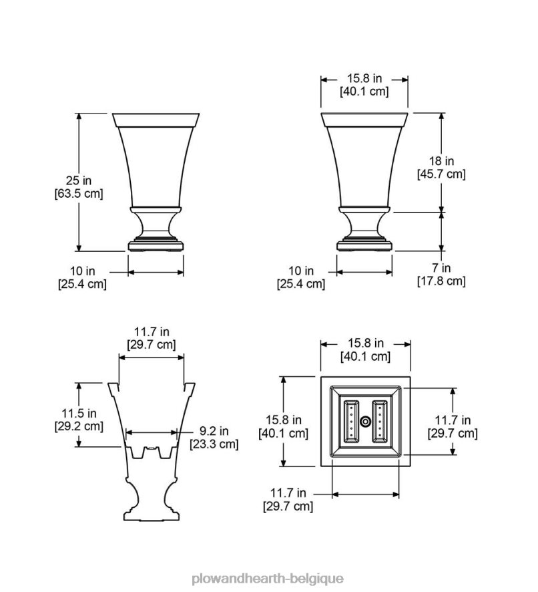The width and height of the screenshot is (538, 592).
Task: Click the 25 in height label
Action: (79, 180)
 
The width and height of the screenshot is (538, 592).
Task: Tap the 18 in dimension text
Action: (441, 161)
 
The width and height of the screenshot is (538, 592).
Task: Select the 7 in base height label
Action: (441, 268)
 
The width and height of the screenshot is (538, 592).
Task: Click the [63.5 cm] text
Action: (79, 193)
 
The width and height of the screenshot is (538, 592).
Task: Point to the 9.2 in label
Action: (214, 430)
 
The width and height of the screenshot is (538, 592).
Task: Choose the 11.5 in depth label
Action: (79, 413)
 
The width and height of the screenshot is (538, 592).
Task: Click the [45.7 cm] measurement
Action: (441, 174)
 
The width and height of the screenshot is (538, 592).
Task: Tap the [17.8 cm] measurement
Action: (441, 281)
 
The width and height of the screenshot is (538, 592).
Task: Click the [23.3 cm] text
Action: (214, 444)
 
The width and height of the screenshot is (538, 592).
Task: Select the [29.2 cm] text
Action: (79, 426)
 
